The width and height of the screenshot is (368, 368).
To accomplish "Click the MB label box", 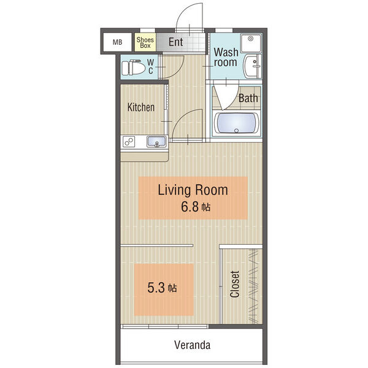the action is click(x=117, y=42).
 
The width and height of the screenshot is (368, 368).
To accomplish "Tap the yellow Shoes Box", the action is click(x=145, y=42).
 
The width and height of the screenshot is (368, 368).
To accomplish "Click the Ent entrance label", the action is click(x=176, y=42).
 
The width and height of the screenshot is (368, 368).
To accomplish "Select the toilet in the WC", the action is click(x=134, y=67).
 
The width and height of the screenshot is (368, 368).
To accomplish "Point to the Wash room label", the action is click(x=226, y=57).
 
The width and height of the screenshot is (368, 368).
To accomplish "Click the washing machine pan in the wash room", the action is click(x=251, y=43).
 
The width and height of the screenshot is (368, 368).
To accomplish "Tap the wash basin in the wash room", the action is click(x=253, y=66).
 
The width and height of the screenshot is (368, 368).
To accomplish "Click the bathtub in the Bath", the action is click(x=237, y=123).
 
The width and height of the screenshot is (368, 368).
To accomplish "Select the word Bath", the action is click(x=248, y=98).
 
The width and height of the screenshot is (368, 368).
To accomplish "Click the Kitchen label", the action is click(x=141, y=107).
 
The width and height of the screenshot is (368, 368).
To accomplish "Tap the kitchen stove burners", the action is click(x=129, y=142).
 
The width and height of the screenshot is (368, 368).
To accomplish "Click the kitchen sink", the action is click(x=156, y=142).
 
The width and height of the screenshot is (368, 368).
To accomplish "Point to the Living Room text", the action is click(x=193, y=190).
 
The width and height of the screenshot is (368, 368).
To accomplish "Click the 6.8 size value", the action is click(x=190, y=207).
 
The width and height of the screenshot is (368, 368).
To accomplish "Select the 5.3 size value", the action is click(x=156, y=288).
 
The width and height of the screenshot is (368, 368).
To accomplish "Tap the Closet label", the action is click(x=235, y=284).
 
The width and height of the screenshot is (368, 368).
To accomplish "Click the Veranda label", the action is click(x=192, y=345).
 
